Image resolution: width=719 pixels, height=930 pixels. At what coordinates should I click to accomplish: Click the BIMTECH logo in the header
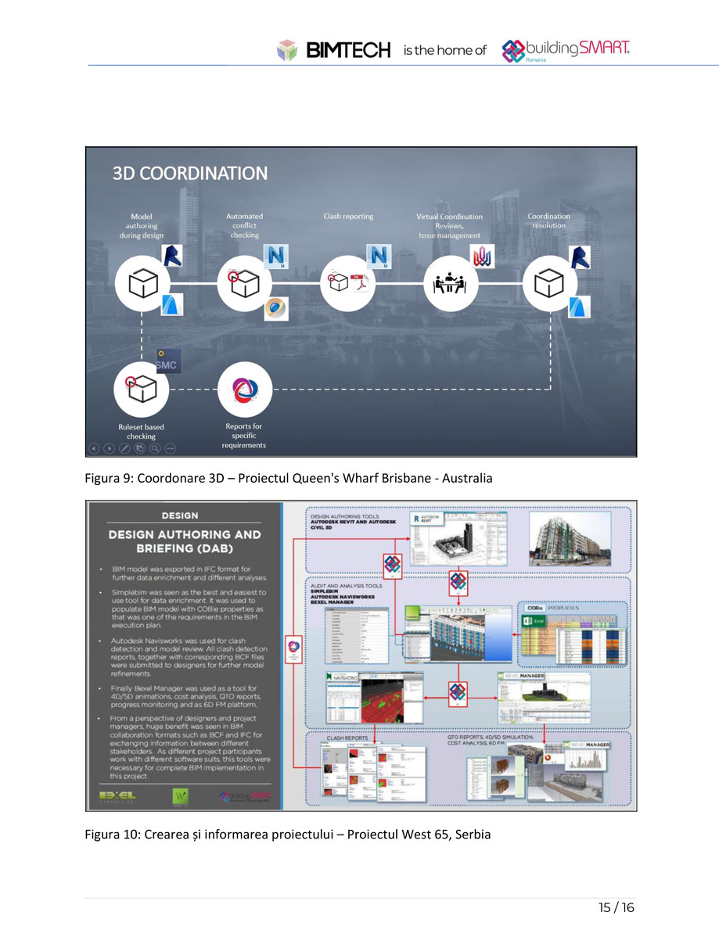tap(334, 50)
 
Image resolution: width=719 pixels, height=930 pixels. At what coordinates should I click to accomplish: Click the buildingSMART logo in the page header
tap(566, 50)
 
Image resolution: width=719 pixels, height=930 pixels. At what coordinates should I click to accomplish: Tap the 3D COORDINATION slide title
tap(190, 173)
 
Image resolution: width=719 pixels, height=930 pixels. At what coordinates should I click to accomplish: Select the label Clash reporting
tap(348, 216)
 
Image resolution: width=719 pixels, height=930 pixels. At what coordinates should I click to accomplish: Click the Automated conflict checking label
tap(244, 225)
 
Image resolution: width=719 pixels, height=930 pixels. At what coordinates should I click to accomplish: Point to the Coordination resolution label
tap(548, 221)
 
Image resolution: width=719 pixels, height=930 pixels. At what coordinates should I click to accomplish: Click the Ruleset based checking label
tap(141, 432)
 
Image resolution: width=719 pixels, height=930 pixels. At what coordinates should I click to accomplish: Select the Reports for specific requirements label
tap(244, 436)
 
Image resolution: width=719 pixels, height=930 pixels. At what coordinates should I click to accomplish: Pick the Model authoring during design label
tap(142, 225)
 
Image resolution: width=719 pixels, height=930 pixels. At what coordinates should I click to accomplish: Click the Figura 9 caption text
tap(289, 478)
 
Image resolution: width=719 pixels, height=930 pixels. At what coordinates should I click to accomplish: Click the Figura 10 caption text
tap(287, 835)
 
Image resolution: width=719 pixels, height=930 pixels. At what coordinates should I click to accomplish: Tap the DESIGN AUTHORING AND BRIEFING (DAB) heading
tap(185, 540)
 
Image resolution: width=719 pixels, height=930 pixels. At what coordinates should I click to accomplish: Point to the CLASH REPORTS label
tap(347, 737)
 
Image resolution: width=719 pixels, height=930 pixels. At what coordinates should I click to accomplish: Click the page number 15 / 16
tap(616, 908)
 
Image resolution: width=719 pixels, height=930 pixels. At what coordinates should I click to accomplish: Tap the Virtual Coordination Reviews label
tap(449, 225)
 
